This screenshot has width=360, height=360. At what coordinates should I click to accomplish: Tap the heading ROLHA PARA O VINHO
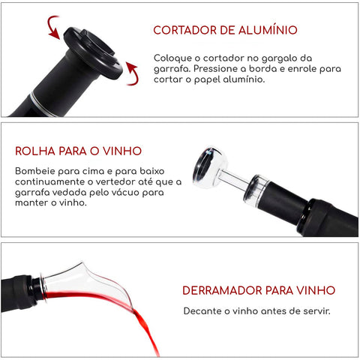(78, 151)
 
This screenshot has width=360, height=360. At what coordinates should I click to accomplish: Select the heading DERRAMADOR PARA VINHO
(259, 289)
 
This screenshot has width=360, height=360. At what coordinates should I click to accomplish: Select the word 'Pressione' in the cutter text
(223, 67)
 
